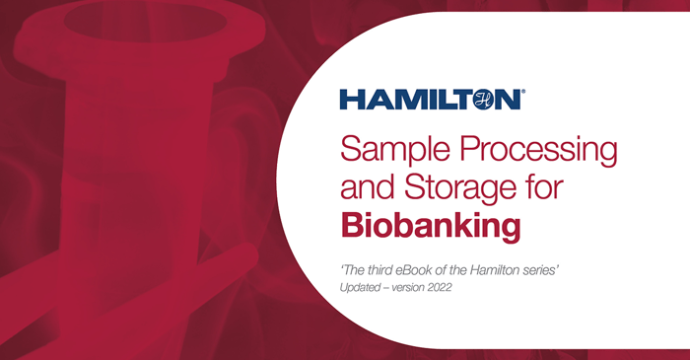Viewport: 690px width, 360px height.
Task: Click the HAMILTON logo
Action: point(429,100)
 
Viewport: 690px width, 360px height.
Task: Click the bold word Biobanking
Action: point(430,225)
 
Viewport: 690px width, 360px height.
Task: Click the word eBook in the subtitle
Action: point(430,268)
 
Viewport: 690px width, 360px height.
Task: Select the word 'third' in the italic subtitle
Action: point(384,268)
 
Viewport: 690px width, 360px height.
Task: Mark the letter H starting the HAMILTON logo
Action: point(349,100)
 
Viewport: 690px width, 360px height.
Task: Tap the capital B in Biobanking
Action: point(351,225)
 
